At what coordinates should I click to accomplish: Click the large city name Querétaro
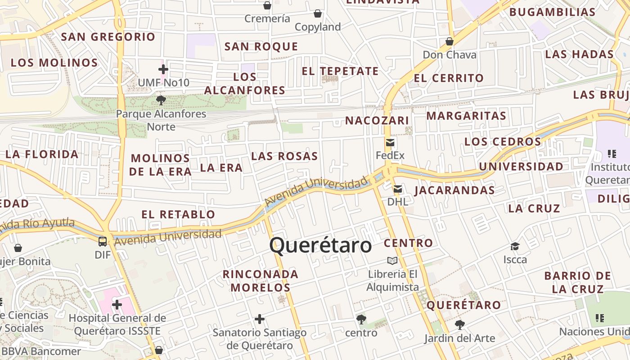point(320,246)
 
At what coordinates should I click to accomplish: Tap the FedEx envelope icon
point(390,143)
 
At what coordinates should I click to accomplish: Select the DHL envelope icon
point(398,189)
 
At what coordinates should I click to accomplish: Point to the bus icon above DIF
point(103,241)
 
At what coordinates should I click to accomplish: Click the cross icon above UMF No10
point(163,69)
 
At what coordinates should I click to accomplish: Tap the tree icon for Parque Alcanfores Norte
point(161,100)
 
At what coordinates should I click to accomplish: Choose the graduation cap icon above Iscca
point(515,246)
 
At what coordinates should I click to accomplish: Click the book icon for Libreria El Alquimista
point(392,261)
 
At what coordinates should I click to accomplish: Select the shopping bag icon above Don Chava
point(449,42)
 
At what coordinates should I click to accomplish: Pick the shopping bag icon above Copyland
point(318,14)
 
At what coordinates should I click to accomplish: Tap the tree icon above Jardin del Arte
point(459,324)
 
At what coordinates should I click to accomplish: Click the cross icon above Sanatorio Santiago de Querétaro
point(260,319)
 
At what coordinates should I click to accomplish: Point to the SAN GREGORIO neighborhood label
point(108,37)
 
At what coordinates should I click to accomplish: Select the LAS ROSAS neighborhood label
point(284,156)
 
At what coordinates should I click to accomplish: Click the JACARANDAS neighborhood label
point(454,190)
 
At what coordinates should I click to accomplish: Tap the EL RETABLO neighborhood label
point(178,214)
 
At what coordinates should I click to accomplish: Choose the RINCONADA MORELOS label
point(260,280)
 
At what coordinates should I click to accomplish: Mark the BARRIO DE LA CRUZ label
point(577,282)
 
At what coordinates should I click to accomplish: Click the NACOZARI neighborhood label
point(377,121)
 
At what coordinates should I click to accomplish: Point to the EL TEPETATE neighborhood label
point(340,71)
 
